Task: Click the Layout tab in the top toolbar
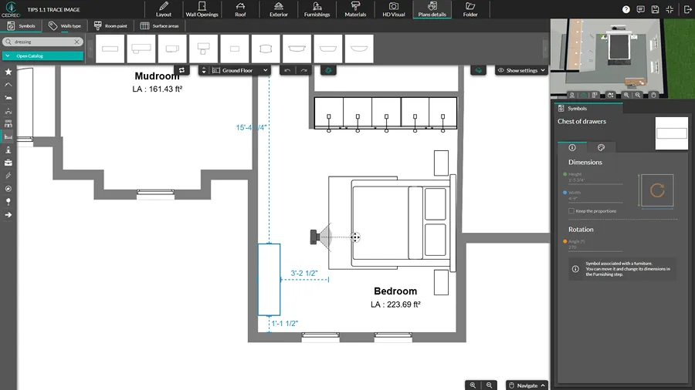(x=164, y=9)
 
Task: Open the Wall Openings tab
(x=202, y=9)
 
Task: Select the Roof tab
(x=240, y=9)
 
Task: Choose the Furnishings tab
(x=317, y=9)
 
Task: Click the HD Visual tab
(x=393, y=9)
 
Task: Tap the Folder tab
(x=470, y=9)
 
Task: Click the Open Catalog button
(x=42, y=55)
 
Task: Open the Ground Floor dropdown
(x=240, y=70)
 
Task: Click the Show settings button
(x=522, y=70)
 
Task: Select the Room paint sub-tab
(x=110, y=25)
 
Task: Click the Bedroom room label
(x=395, y=291)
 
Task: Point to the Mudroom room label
(x=157, y=76)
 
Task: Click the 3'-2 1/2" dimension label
(x=304, y=273)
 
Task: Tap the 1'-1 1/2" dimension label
(x=284, y=324)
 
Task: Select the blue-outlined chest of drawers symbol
(x=269, y=279)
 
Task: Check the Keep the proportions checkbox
(x=571, y=210)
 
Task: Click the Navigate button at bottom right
(x=527, y=385)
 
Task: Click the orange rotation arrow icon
(x=657, y=190)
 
